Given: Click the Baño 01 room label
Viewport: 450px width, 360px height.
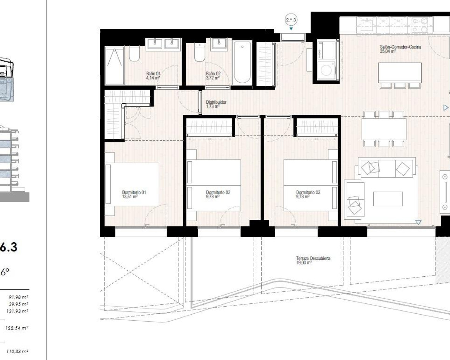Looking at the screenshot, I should pos(153,76).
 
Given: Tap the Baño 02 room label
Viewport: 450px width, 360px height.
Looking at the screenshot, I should pos(213,76).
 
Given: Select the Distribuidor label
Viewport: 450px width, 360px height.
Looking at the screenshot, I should pos(216,104).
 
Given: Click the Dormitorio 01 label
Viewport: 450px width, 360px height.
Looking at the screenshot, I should pos(134,194).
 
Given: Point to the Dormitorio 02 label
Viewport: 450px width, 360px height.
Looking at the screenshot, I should pos(218,194).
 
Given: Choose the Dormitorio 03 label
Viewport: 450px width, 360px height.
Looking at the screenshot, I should pos(308,194).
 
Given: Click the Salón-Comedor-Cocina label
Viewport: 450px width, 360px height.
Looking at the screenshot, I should pos(400,49).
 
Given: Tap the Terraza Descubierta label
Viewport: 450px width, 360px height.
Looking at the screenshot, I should pos(313,260).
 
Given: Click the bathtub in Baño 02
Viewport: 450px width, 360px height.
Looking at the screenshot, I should pos(242,63).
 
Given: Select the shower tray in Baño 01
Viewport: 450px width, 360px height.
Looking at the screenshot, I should pos(114,65).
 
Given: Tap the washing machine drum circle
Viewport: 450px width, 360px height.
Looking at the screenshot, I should pos(327,70).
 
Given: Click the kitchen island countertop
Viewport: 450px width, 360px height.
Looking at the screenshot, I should pos(400,72).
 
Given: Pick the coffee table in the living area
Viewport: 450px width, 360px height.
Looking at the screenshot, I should pos(388,199).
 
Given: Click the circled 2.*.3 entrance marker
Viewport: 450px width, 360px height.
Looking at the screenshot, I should pos(291,20).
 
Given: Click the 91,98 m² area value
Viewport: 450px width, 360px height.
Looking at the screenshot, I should pos(18,297).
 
